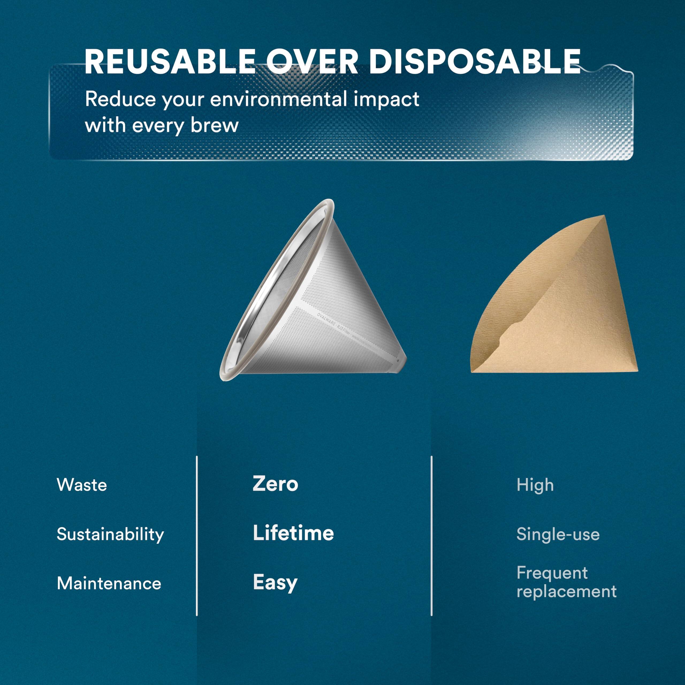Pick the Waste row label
click(82, 485)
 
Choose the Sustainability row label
click(110, 535)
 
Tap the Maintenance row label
click(109, 583)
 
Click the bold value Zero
click(275, 484)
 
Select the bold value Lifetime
click(293, 533)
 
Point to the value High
click(535, 485)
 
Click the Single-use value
click(558, 534)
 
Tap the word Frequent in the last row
click(552, 573)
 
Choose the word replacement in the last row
click(566, 591)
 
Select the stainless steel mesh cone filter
click(319, 312)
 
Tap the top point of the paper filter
click(603, 216)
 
